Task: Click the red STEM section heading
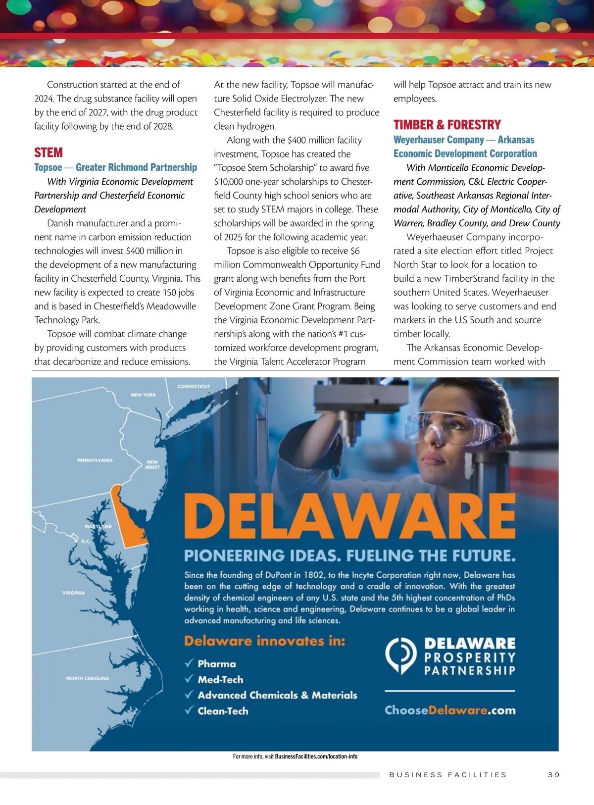tap(49, 152)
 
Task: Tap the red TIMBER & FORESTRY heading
tap(447, 125)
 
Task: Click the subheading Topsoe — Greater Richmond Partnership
tap(115, 167)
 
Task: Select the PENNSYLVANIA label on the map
tap(95, 460)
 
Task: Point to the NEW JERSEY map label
tap(152, 464)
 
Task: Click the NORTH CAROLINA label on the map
tap(88, 678)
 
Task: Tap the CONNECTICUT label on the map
tap(194, 386)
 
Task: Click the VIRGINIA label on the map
tap(74, 593)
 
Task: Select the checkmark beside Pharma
tap(189, 663)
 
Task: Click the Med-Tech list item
tap(220, 680)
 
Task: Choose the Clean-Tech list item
tap(223, 711)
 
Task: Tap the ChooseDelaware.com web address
tap(450, 710)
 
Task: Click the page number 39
tap(554, 775)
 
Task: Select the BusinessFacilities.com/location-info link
tap(316, 756)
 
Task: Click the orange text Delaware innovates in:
tap(264, 641)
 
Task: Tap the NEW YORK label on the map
tap(144, 395)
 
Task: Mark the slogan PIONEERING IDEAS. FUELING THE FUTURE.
tap(349, 555)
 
